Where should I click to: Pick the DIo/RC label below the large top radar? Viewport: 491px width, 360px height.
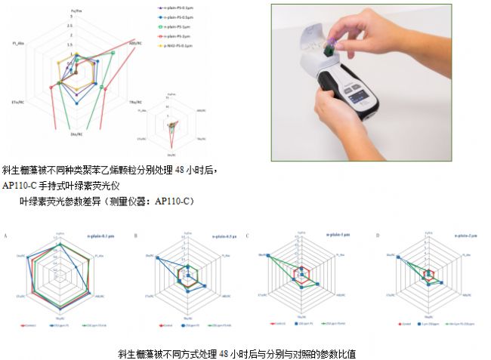[75, 136]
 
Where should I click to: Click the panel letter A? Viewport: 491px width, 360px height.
[6, 235]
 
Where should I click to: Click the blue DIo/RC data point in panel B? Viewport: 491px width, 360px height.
[160, 260]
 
